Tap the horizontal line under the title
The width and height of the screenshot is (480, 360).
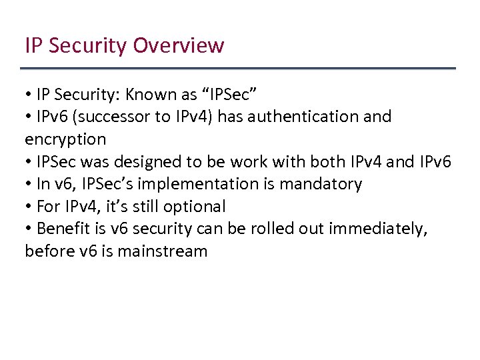click(238, 69)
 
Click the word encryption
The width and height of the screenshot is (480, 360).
click(65, 139)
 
